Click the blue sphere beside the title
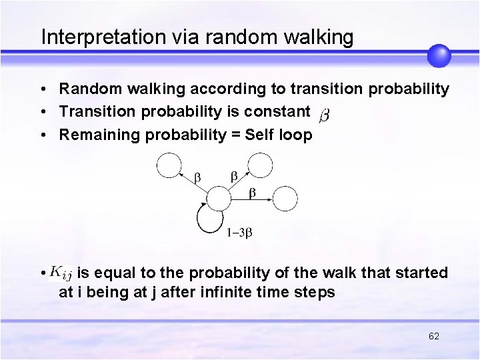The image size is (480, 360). (439, 55)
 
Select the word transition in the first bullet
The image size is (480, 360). (301, 89)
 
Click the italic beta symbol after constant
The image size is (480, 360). (324, 115)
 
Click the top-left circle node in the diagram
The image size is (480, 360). (169, 165)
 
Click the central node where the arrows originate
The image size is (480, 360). (217, 199)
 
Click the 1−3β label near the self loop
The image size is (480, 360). (239, 233)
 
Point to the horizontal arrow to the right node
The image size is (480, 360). (251, 199)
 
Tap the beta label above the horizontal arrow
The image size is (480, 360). (252, 192)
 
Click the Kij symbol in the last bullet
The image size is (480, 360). (62, 273)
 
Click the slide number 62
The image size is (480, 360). (433, 336)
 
